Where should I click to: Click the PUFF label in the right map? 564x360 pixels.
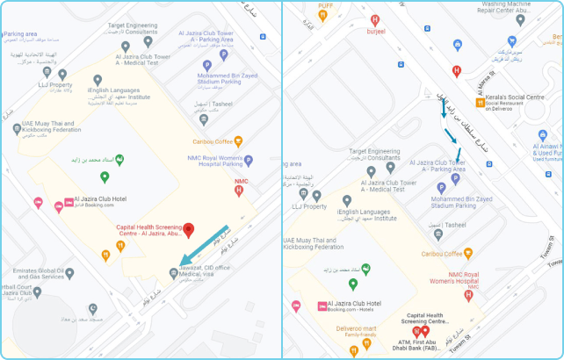pos(324,5)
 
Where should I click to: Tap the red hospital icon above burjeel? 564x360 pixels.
pos(375,19)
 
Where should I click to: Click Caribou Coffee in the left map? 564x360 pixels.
pos(212,141)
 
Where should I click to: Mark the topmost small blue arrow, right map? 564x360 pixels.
pos(444,110)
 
